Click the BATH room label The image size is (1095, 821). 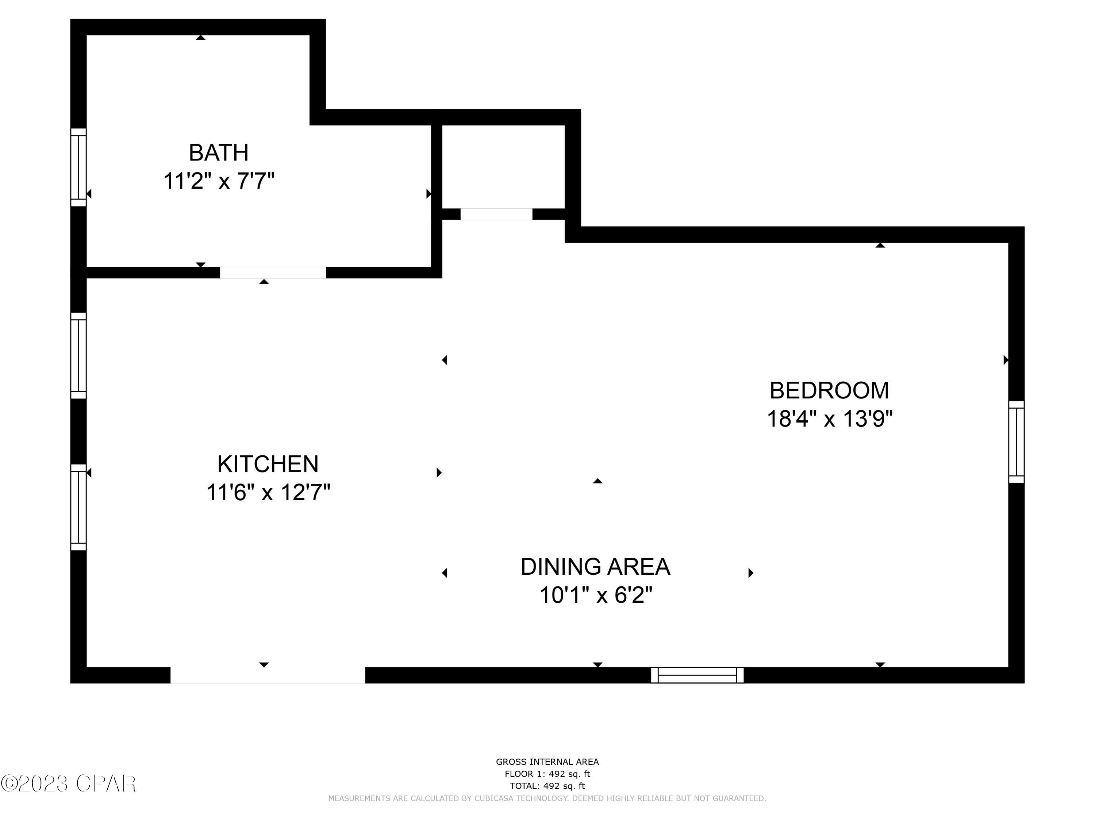[x=218, y=153]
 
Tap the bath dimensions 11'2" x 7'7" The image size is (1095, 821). [x=218, y=181]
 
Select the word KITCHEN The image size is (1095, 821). [x=268, y=464]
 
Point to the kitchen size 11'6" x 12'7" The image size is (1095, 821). [x=268, y=493]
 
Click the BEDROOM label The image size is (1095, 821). [x=829, y=390]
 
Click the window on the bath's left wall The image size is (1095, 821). [x=78, y=167]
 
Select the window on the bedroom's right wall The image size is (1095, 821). [x=1016, y=442]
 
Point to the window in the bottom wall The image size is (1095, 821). [x=697, y=675]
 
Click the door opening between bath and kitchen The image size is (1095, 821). [x=273, y=273]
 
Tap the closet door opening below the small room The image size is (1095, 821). [x=496, y=214]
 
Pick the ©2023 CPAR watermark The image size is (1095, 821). [x=68, y=783]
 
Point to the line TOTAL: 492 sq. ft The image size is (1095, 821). [x=547, y=786]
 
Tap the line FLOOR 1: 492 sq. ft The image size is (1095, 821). [x=547, y=774]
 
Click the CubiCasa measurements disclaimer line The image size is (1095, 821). [x=547, y=798]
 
